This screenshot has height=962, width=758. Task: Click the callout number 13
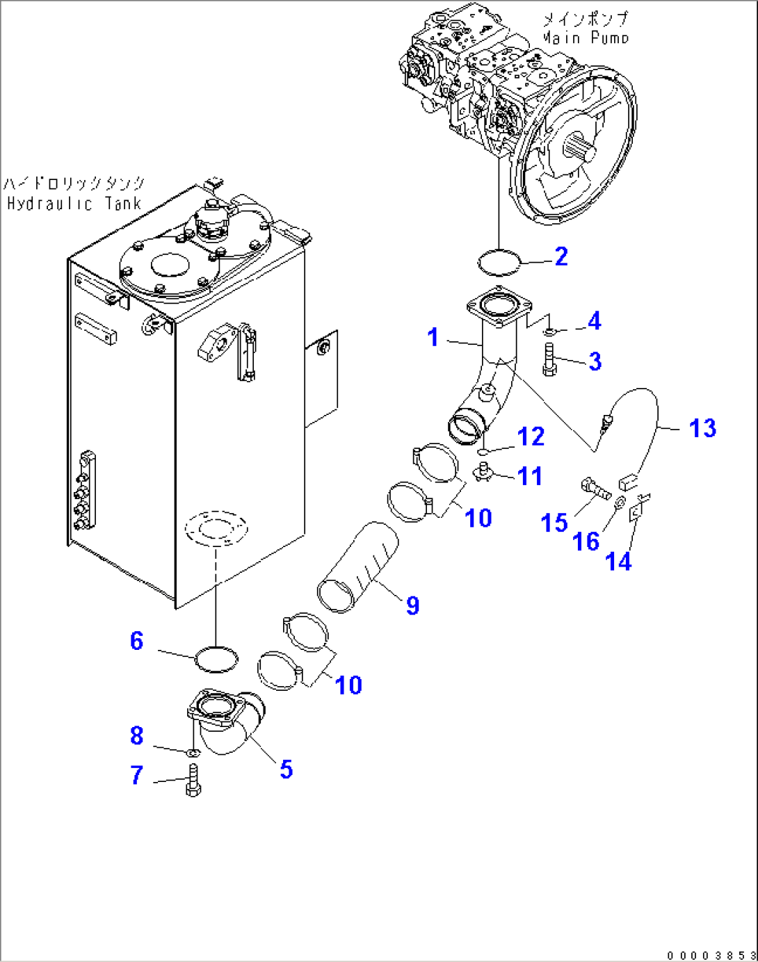[702, 428]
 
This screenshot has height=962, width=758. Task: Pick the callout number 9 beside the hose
[413, 605]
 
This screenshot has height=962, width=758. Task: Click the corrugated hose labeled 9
[357, 566]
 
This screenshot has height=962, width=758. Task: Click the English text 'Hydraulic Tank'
[74, 204]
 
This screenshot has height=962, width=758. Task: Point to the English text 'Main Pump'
[586, 38]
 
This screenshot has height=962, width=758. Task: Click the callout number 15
[554, 523]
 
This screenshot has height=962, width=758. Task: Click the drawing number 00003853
[710, 956]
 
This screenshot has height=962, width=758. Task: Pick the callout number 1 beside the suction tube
[433, 337]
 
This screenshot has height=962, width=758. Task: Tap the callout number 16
[586, 541]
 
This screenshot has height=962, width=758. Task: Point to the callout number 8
[137, 735]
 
